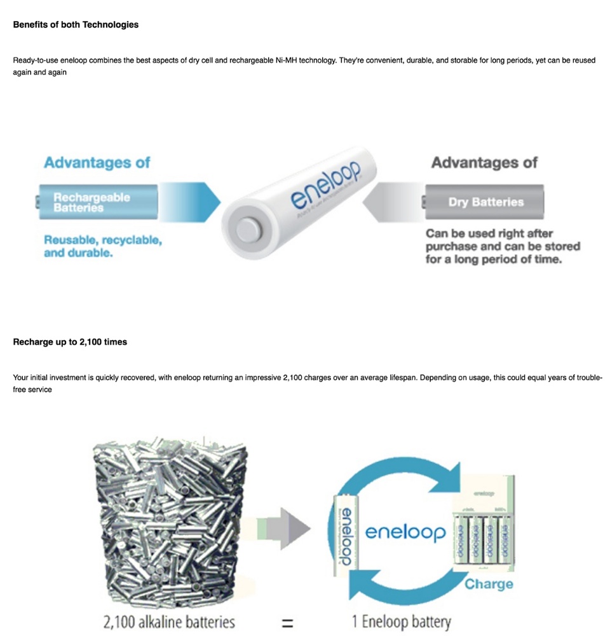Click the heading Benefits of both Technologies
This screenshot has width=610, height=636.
coord(76,25)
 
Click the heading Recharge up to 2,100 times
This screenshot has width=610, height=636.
coord(70,342)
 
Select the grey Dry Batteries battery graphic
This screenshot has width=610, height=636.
coord(484,202)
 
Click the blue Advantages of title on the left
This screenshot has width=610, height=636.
coord(97,162)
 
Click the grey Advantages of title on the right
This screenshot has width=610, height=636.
coord(484,162)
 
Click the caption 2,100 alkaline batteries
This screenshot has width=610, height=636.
coord(169,621)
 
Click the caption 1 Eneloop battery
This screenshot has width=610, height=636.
coord(401,621)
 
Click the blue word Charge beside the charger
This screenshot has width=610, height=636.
coord(489,583)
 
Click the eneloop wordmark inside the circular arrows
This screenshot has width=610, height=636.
coord(405,532)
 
